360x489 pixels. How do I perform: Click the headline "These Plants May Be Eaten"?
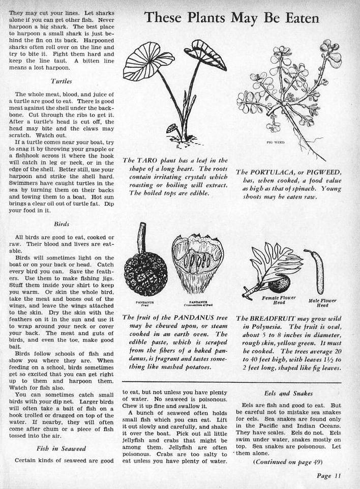click(231, 18)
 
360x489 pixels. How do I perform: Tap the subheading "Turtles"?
click(61, 81)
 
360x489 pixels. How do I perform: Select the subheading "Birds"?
click(61, 223)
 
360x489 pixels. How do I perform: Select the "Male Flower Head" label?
click(321, 303)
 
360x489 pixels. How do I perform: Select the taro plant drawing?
click(173, 87)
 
